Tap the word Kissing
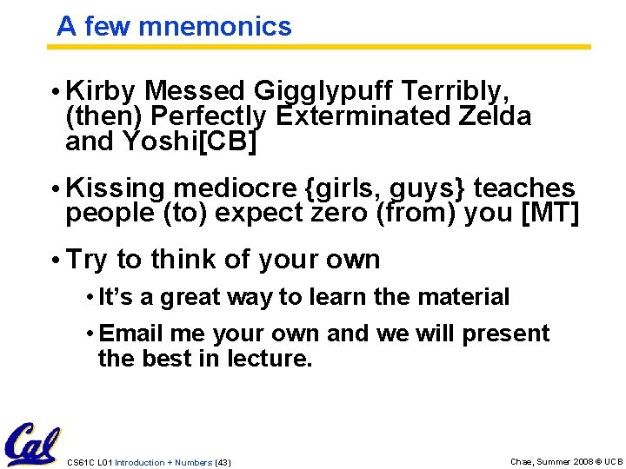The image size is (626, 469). point(116,188)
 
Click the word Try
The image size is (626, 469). point(87,259)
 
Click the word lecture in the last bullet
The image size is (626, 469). point(269,358)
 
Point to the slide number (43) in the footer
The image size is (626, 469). point(223,462)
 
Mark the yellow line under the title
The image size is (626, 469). point(322,47)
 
